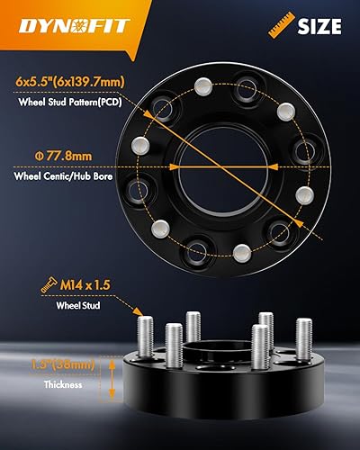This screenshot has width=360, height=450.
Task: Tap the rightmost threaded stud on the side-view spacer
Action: click(x=303, y=339)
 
